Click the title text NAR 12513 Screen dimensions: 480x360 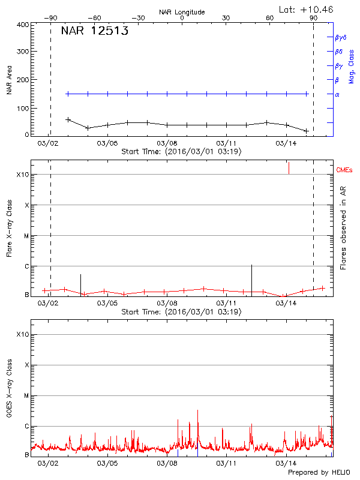(95, 31)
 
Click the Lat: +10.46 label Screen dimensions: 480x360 (307, 9)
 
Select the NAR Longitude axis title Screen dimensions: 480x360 (182, 12)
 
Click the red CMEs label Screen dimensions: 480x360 (345, 171)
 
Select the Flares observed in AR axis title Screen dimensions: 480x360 (343, 227)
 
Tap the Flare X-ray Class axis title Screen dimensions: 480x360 (9, 227)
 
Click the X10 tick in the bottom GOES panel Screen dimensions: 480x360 (23, 334)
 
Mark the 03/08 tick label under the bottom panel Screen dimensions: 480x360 (167, 463)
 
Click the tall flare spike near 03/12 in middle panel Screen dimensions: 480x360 (251, 278)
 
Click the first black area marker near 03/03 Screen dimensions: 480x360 (68, 119)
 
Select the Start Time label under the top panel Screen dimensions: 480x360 (181, 152)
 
